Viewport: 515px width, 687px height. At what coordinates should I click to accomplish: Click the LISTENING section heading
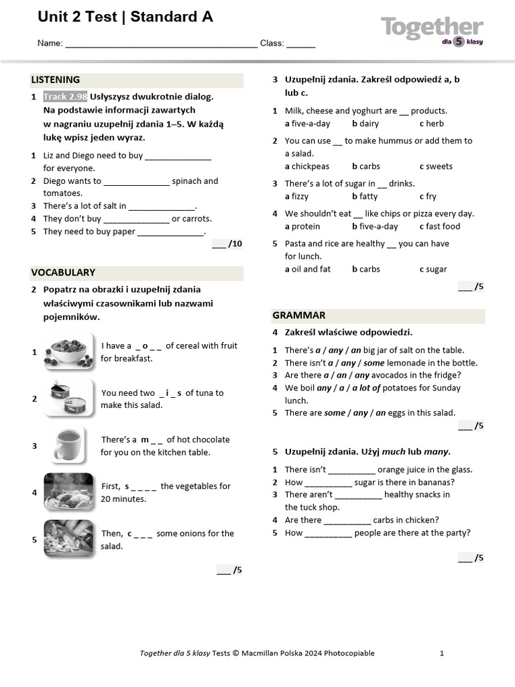[x=56, y=80]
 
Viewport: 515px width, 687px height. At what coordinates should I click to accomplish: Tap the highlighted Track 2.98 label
[x=65, y=97]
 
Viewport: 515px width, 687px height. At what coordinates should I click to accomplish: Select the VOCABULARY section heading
[x=63, y=273]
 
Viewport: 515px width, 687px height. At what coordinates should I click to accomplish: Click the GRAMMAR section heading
[x=299, y=315]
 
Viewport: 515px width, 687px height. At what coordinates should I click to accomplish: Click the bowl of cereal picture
[x=68, y=352]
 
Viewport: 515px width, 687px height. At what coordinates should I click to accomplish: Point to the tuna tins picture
[x=68, y=399]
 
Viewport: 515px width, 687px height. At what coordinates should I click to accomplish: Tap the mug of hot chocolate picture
[x=68, y=445]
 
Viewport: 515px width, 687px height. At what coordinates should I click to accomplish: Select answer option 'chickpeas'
[x=310, y=167]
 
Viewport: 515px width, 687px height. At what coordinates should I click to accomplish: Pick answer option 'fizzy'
[x=301, y=197]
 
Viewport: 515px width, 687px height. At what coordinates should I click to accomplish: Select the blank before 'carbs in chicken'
[x=347, y=521]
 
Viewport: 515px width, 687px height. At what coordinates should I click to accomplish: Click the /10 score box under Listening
[x=227, y=244]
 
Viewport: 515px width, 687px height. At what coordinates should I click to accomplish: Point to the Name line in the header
[x=161, y=44]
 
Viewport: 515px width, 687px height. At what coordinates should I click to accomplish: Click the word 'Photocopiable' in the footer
[x=349, y=653]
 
